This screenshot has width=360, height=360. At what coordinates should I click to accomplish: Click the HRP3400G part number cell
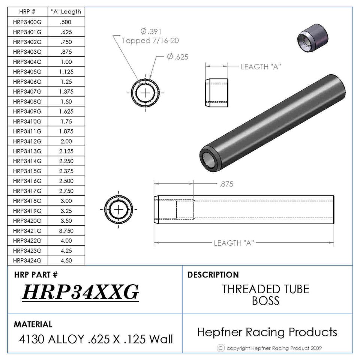[x=27, y=22]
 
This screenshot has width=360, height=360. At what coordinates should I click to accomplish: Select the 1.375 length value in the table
[x=66, y=91]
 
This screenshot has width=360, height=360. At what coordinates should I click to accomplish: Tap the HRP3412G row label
[x=27, y=141]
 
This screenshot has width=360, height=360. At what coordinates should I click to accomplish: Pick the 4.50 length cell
[x=66, y=261]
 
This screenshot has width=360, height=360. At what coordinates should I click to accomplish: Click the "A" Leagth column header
[x=66, y=12]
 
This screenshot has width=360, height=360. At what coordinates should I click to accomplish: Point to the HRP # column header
[x=27, y=12]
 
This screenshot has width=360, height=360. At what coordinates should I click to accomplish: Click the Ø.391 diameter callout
[x=151, y=31]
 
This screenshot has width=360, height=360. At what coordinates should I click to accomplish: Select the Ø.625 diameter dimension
[x=178, y=57]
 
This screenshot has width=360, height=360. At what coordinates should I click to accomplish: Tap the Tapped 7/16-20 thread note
[x=150, y=40]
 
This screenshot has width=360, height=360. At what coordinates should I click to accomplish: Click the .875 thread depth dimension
[x=226, y=184]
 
